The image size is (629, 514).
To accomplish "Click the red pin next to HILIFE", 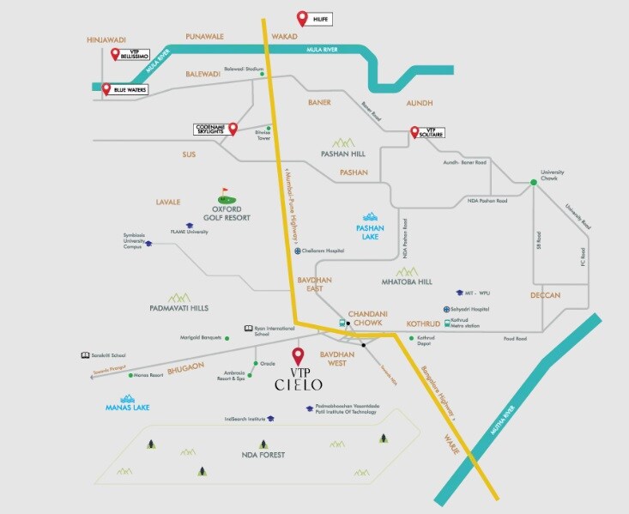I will tap(301, 17).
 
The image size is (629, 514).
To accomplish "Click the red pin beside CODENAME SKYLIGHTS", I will tap(232, 130).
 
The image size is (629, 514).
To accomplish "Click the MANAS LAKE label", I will tap(126, 407).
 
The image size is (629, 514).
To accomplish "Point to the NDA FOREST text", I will tap(263, 454).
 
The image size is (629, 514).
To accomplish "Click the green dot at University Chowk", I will tap(533, 181).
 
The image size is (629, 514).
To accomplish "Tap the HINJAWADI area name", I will tap(107, 39).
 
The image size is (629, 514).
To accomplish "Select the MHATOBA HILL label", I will tap(407, 281).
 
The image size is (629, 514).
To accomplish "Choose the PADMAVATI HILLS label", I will tap(178, 307).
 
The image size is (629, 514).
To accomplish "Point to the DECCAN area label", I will tap(545, 295).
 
